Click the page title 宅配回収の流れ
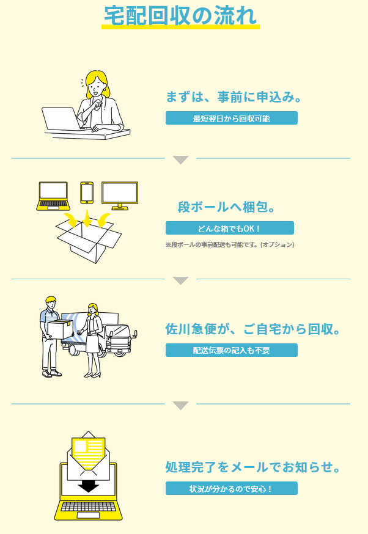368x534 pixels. pyautogui.click(x=180, y=16)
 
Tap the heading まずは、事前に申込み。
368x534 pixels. pyautogui.click(x=234, y=97)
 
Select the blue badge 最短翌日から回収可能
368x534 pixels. pyautogui.click(x=231, y=118)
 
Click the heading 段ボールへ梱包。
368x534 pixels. pyautogui.click(x=227, y=207)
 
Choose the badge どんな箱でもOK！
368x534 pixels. pyautogui.click(x=230, y=228)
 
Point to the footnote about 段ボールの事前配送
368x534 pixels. pyautogui.click(x=230, y=244)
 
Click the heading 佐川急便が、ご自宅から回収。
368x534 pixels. pyautogui.click(x=253, y=329)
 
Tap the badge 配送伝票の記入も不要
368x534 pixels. pyautogui.click(x=231, y=350)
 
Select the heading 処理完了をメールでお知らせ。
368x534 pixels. pyautogui.click(x=253, y=467)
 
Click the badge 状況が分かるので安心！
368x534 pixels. pyautogui.click(x=231, y=488)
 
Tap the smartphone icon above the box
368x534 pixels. pyautogui.click(x=87, y=192)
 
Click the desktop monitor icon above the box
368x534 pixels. pyautogui.click(x=120, y=196)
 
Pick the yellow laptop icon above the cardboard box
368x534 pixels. pyautogui.click(x=53, y=196)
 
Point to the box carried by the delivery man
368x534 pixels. pyautogui.click(x=61, y=329)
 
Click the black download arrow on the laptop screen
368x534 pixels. pyautogui.click(x=88, y=486)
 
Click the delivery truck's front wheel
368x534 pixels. pyautogui.click(x=120, y=352)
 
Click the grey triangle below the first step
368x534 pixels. pyautogui.click(x=180, y=159)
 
